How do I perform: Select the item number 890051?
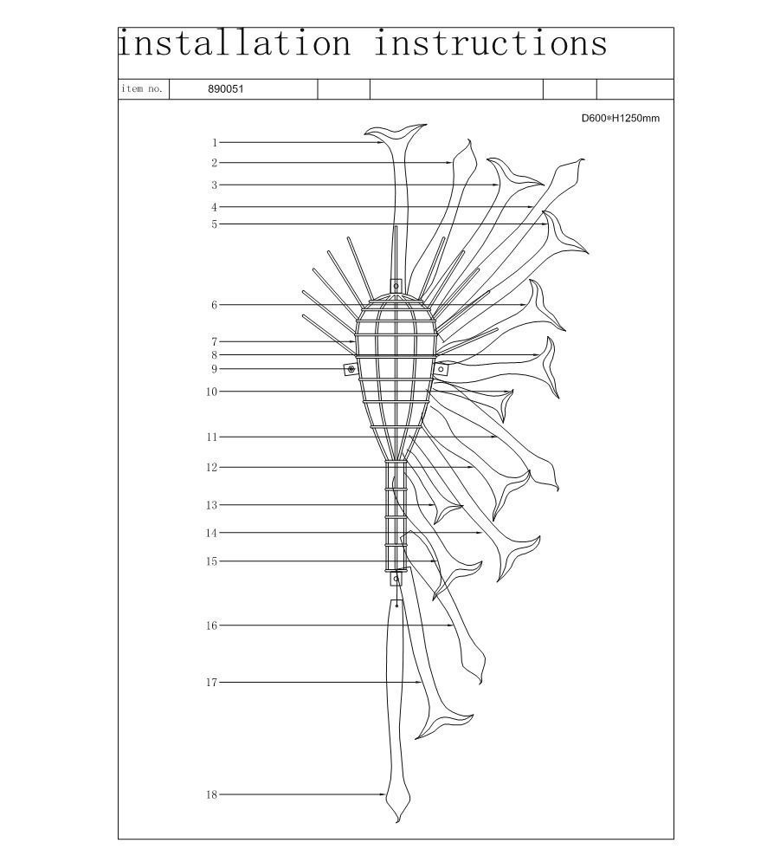[225, 89]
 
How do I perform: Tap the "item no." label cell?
[144, 89]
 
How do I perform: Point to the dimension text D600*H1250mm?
[621, 118]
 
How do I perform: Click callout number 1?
[215, 143]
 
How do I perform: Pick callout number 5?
[215, 224]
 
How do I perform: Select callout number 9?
[215, 369]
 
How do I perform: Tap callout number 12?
[211, 467]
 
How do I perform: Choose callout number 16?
[211, 625]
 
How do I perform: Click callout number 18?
[211, 794]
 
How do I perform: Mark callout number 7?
[215, 342]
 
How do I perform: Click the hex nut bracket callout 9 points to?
[351, 369]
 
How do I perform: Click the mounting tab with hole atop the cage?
[396, 286]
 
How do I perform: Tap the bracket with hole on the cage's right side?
[442, 369]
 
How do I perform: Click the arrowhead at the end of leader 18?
[383, 794]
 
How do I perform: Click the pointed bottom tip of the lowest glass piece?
[397, 822]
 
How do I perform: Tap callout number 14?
[211, 533]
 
